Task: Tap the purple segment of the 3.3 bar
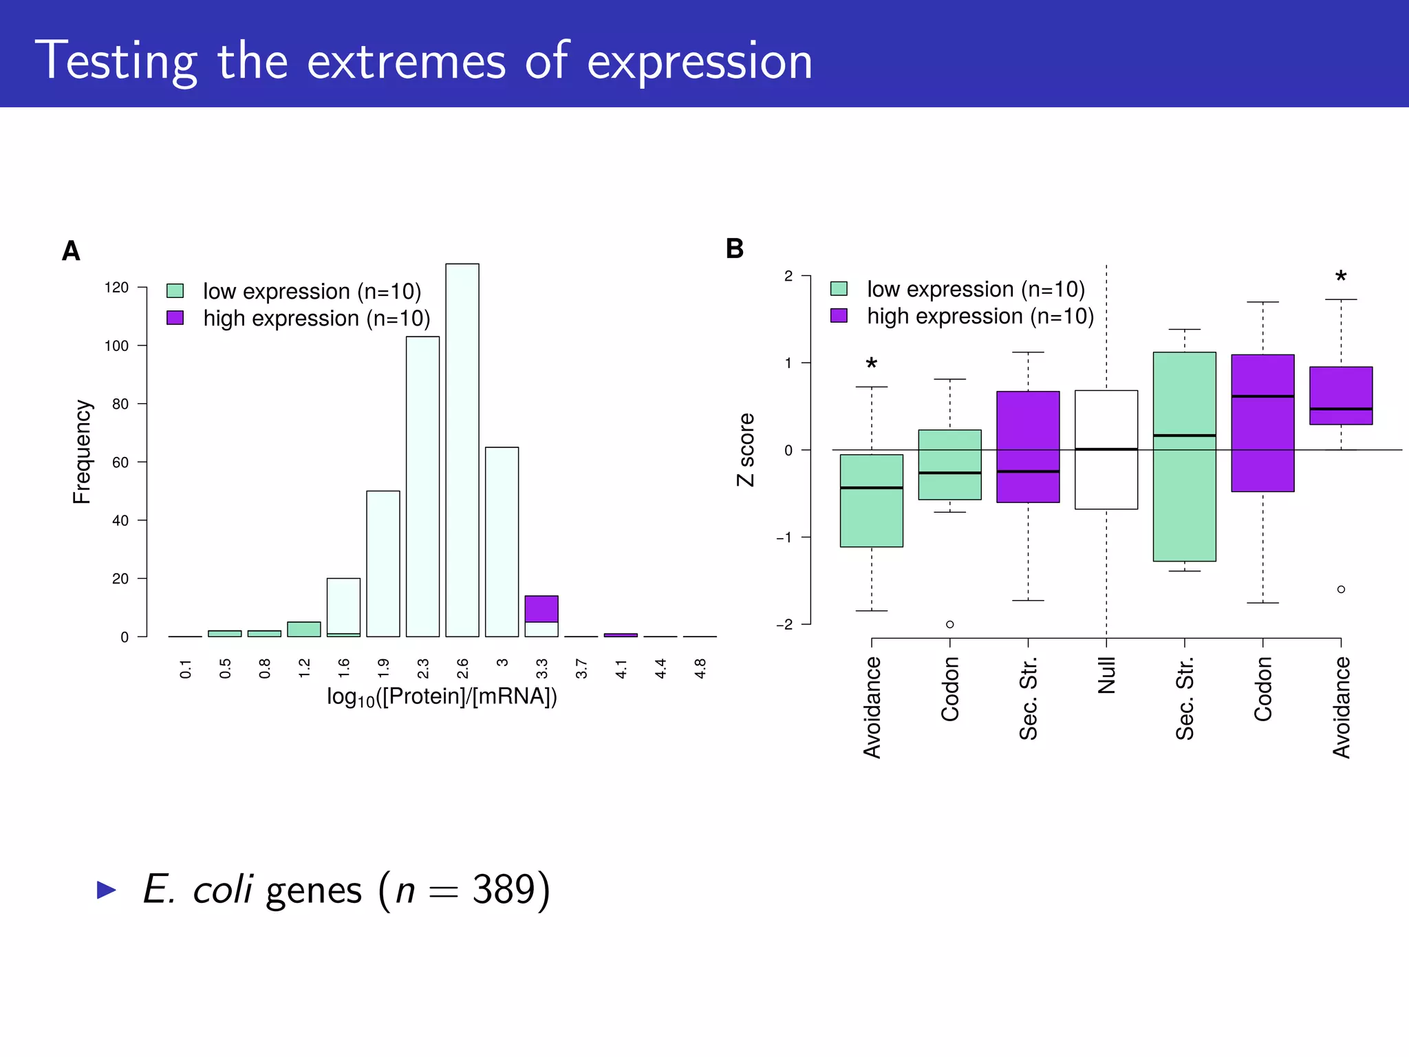[541, 609]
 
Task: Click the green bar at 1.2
[304, 629]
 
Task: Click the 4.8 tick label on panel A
[700, 668]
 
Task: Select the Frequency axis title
[82, 451]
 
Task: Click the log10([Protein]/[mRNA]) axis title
[442, 697]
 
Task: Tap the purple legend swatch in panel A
[175, 318]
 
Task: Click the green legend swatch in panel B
[839, 288]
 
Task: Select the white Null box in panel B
[1106, 449]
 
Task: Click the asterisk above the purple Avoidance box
[1341, 278]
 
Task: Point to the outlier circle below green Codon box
[950, 624]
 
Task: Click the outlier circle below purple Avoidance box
[1341, 589]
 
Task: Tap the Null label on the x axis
[1106, 675]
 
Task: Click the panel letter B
[735, 248]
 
